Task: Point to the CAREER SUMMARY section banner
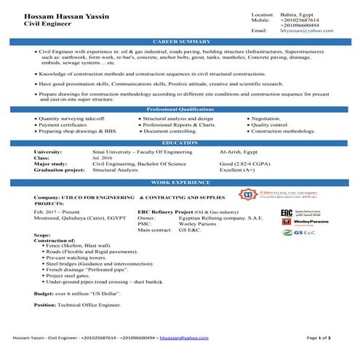180,44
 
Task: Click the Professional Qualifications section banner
180,108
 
